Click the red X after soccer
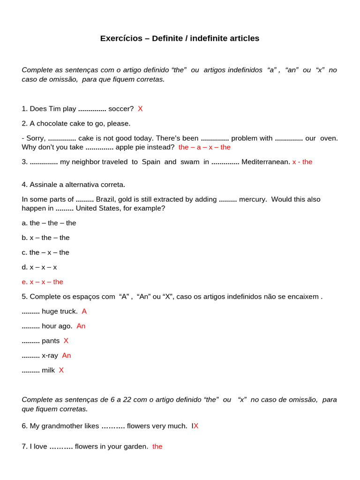[x=140, y=109]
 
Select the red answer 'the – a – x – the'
[x=204, y=147]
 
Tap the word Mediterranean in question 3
[x=265, y=162]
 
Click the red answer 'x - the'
[x=302, y=162]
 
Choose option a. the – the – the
[x=49, y=223]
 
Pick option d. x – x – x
[x=39, y=267]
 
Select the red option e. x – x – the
[x=42, y=282]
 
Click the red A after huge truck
[x=84, y=311]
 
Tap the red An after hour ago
[x=81, y=326]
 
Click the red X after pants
[x=66, y=341]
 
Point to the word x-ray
[x=50, y=355]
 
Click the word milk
[x=48, y=370]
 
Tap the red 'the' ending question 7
[x=157, y=447]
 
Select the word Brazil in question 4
[x=106, y=199]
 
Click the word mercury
[x=253, y=199]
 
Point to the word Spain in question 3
[x=151, y=162]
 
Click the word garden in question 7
[x=135, y=447]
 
